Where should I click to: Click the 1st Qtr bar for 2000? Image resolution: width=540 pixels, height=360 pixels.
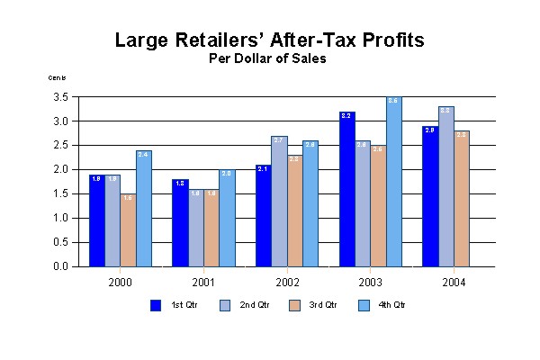96,220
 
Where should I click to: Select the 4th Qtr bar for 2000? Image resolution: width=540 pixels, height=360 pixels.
143,209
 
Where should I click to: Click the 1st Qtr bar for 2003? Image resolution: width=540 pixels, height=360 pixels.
347,189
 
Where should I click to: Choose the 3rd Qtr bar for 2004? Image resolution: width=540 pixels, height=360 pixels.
461,199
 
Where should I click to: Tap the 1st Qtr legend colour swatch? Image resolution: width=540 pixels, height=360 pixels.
156,305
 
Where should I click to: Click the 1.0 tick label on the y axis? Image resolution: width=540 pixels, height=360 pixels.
62,218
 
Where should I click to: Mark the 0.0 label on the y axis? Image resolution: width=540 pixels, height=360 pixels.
62,266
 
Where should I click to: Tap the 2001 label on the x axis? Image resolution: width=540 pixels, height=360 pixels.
203,281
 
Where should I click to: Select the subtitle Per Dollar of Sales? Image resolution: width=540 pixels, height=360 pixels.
267,59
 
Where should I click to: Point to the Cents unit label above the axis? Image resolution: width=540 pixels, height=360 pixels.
58,77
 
